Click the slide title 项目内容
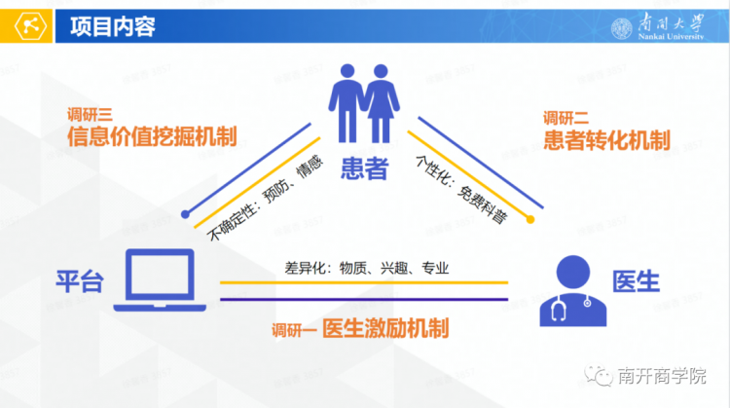point(113,26)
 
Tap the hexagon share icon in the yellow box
point(31,26)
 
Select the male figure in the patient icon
point(347,103)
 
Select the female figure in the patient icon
point(382,103)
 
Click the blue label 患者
point(365,168)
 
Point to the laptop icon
point(160,279)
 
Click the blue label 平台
point(80,281)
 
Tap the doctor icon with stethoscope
point(573,290)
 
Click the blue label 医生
point(636,281)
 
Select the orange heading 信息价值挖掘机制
point(152,136)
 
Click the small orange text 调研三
point(90,115)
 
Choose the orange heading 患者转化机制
point(607,140)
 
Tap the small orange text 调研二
point(566,118)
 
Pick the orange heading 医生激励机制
point(386,328)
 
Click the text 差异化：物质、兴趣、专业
point(367,269)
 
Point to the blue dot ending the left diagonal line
point(185,214)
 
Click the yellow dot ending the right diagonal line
point(530,219)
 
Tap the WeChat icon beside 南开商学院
point(599,376)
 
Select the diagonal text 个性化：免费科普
point(461,190)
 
